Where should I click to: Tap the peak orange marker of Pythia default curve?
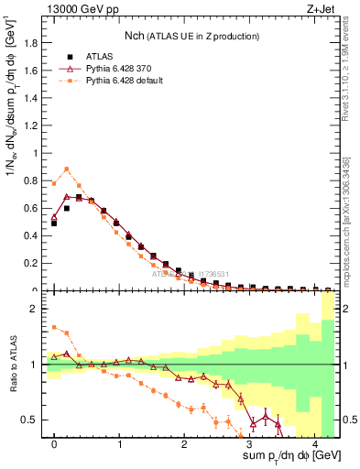(x=67, y=169)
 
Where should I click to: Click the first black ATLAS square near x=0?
(x=54, y=223)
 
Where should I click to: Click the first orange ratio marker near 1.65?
(x=54, y=327)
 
